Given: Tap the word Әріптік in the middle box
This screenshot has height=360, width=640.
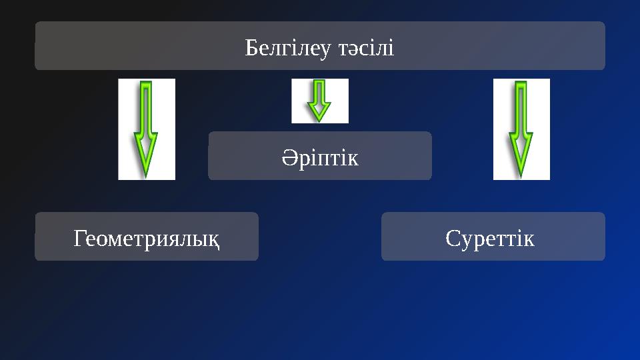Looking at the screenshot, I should (320, 158).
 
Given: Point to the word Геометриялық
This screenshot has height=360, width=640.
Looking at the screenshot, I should (147, 237).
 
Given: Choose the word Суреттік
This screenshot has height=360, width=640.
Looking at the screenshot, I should (490, 237).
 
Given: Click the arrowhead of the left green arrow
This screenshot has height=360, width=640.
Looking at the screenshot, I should (146, 153).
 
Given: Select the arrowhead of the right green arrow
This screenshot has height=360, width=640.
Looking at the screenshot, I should (521, 153).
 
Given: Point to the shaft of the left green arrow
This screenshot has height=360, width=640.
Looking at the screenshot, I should (146, 107).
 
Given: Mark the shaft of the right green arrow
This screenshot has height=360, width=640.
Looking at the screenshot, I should (521, 107).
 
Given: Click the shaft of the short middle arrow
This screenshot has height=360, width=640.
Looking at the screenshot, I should (320, 91).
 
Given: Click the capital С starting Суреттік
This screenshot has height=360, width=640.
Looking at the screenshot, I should (452, 237).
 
